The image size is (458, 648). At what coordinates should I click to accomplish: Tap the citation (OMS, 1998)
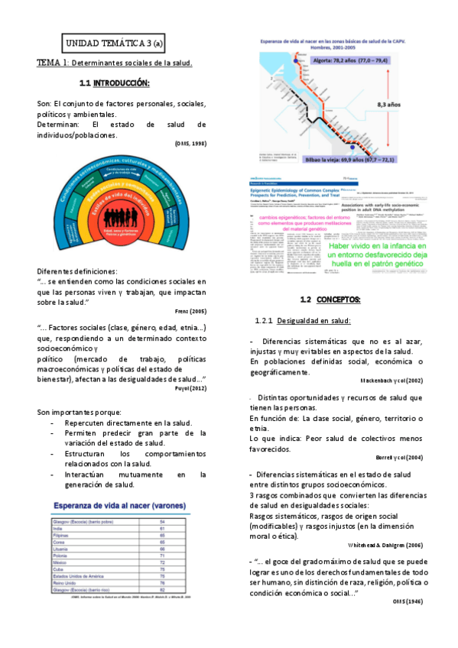click(x=189, y=144)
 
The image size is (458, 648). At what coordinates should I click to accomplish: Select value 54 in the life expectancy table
click(x=183, y=521)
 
